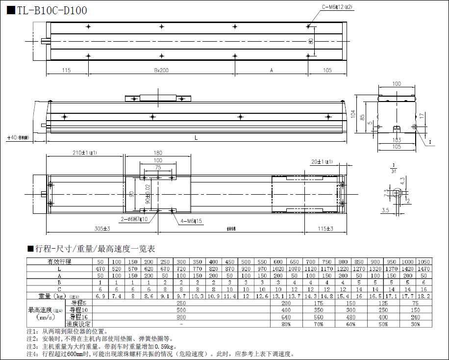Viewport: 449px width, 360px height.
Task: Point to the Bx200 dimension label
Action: coord(161,71)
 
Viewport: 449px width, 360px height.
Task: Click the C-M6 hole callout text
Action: coord(337,7)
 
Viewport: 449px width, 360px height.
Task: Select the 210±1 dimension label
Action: coord(85,153)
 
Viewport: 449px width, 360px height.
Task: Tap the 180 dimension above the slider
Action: coord(158,153)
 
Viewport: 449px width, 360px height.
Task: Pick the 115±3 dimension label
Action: coord(325,229)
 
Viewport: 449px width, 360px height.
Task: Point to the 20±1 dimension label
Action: coord(321,161)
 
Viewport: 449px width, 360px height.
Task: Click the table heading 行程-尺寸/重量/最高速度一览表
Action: coord(92,249)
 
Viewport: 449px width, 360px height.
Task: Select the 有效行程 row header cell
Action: coord(59,261)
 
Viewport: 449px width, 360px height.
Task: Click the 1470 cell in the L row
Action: coord(424,268)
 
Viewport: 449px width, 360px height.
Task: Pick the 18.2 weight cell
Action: coord(424,296)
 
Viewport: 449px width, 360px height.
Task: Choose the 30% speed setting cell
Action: coord(416,324)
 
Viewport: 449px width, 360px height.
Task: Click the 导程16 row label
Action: coord(78,317)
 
